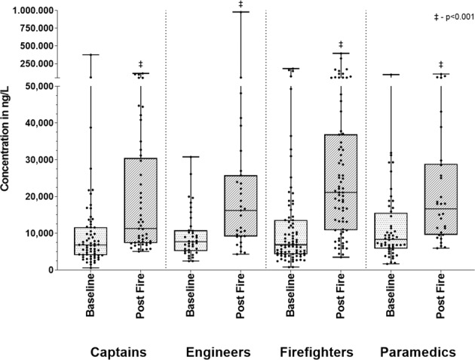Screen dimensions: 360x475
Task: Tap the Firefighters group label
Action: (x=316, y=352)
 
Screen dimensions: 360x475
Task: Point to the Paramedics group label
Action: (x=417, y=352)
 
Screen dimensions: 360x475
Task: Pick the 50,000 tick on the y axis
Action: (x=44, y=87)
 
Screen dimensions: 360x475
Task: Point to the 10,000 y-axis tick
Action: (x=44, y=233)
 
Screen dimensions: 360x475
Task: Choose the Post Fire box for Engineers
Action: (x=241, y=206)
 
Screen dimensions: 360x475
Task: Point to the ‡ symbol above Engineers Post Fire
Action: (x=241, y=5)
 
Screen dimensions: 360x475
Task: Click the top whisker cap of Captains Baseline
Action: (x=90, y=54)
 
